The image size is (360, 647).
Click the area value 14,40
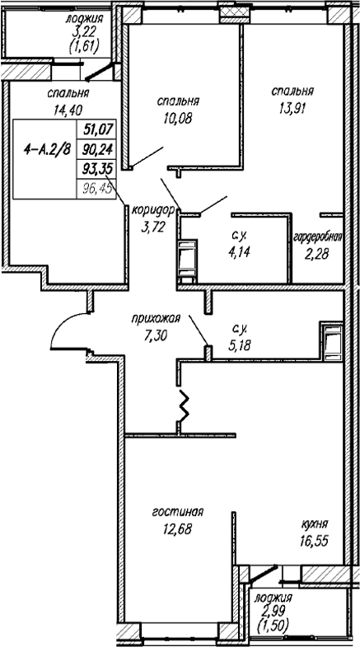point(68,110)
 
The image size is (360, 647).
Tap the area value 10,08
point(178,119)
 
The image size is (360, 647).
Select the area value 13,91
point(292,109)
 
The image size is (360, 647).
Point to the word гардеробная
point(317,238)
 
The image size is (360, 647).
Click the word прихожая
point(156,318)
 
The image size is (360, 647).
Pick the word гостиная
point(178,512)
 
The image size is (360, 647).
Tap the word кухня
point(315,524)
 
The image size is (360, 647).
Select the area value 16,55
point(314,542)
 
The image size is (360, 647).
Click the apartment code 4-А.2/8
point(45,149)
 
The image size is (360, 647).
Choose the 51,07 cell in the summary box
point(97,129)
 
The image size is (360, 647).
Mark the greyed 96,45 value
point(97,189)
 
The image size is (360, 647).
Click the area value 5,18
point(240,345)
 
